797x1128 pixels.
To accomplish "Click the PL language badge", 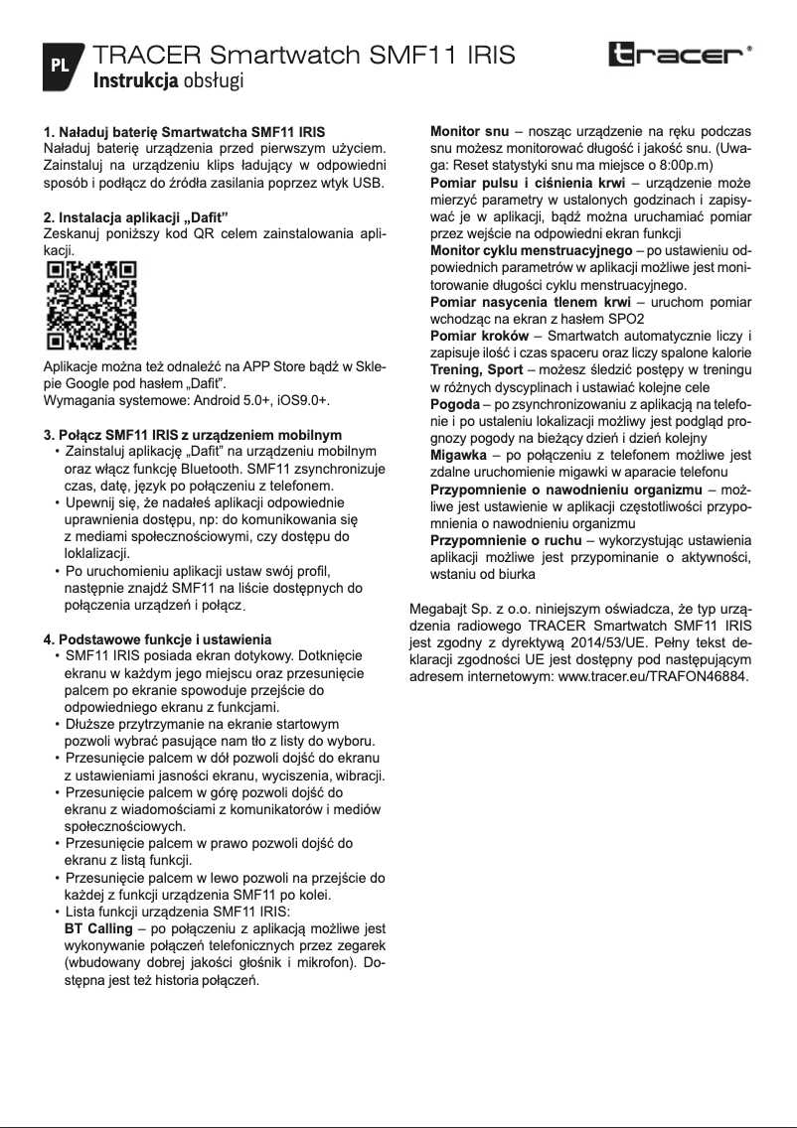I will tap(60, 67).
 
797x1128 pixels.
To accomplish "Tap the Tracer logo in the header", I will tap(680, 55).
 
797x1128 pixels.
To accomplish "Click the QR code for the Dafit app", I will tap(92, 306).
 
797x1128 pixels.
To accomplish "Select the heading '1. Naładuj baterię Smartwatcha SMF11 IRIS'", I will tap(184, 131).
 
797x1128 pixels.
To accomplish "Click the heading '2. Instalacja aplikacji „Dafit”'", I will tap(136, 216).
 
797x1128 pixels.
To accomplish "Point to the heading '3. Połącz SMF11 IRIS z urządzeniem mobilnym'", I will tap(192, 435).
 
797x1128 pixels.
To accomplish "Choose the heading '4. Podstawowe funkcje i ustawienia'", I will tap(157, 638).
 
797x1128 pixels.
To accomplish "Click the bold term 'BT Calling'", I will tap(97, 928).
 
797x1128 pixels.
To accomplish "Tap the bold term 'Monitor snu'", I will tap(469, 131).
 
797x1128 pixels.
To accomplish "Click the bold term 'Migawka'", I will tap(457, 455).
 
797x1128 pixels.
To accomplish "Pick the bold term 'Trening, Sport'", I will tap(476, 369).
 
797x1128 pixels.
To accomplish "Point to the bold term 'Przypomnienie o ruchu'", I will tap(505, 540).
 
